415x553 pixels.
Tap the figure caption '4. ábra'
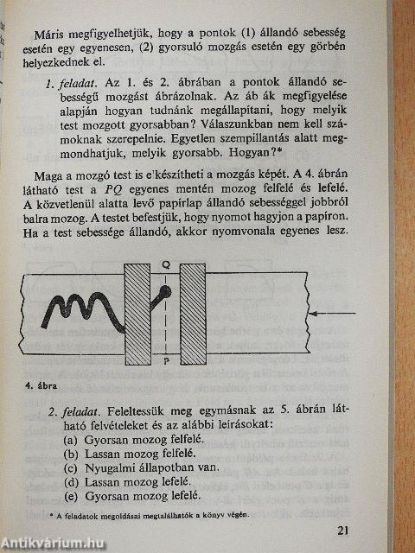tap(41, 385)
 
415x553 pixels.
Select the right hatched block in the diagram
tap(192, 314)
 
